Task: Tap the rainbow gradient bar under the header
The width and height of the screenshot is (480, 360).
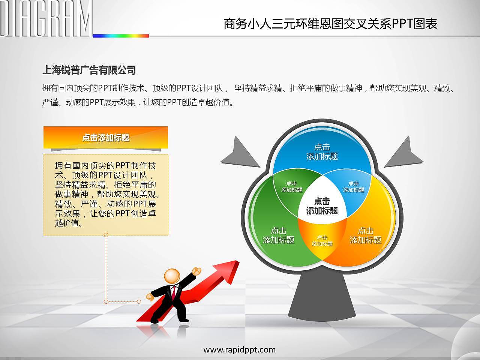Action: pyautogui.click(x=121, y=36)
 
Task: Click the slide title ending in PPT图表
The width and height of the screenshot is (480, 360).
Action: pyautogui.click(x=330, y=24)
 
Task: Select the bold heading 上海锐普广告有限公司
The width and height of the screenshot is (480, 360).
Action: pyautogui.click(x=89, y=70)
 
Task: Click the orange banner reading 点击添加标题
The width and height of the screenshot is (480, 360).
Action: pyautogui.click(x=106, y=138)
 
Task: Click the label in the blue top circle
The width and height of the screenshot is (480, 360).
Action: pyautogui.click(x=322, y=152)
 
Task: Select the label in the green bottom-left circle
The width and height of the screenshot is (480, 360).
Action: pyautogui.click(x=278, y=235)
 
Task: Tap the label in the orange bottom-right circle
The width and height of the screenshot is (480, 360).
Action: pyautogui.click(x=365, y=235)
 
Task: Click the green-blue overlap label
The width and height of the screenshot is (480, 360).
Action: pyautogui.click(x=292, y=187)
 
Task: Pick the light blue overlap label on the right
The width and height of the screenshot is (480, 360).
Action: pyautogui.click(x=353, y=187)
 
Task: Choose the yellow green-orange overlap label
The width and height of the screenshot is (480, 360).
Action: pyautogui.click(x=322, y=241)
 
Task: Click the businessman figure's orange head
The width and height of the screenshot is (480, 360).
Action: pyautogui.click(x=172, y=276)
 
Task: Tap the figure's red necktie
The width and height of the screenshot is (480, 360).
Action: pyautogui.click(x=174, y=292)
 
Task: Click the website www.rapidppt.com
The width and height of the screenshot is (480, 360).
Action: pyautogui.click(x=240, y=349)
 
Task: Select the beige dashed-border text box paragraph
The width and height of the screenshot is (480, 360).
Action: pyautogui.click(x=106, y=194)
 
